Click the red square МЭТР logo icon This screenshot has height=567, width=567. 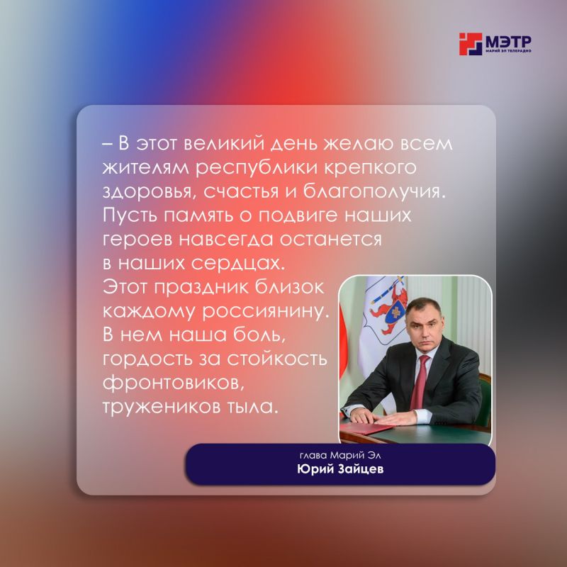pos(471,44)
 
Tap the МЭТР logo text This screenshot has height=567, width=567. pos(508,42)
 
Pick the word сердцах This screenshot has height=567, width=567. pos(238,264)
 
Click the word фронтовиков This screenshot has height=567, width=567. pos(172,383)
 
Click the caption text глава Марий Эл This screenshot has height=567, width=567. pos(340,455)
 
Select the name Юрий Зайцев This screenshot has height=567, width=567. pos(340,469)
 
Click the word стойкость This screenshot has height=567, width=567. pos(277,359)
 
